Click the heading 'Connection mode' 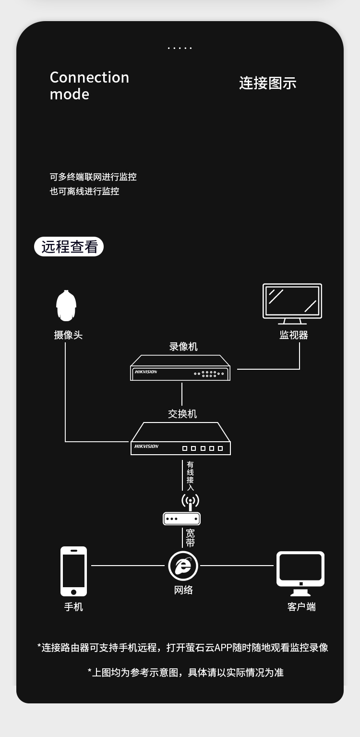(89, 85)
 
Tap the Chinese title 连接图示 (267, 83)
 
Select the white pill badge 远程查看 (69, 247)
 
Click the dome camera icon (66, 306)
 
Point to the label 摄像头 (68, 335)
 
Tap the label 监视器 (293, 335)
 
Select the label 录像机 (183, 347)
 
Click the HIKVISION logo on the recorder (145, 372)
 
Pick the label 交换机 (182, 414)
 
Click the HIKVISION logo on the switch (146, 447)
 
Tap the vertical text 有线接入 (191, 476)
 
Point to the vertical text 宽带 (190, 538)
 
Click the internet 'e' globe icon (183, 566)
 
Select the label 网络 (183, 590)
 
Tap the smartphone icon (73, 571)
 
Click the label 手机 (73, 607)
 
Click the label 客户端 (301, 607)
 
